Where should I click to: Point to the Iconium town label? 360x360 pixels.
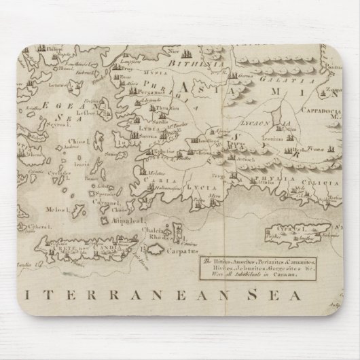point(274,156)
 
